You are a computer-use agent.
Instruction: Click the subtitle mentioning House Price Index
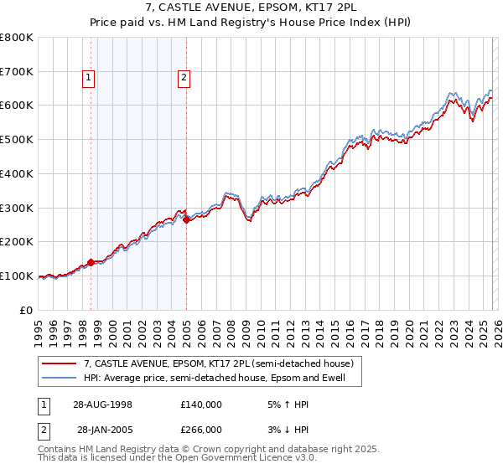[x=251, y=23]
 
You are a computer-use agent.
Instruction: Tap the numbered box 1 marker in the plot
[x=89, y=79]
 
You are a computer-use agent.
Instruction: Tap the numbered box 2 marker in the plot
[x=184, y=79]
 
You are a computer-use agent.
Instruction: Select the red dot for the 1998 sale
[x=91, y=262]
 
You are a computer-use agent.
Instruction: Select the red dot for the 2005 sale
[x=186, y=219]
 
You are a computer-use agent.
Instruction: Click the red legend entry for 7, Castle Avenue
[x=219, y=363]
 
